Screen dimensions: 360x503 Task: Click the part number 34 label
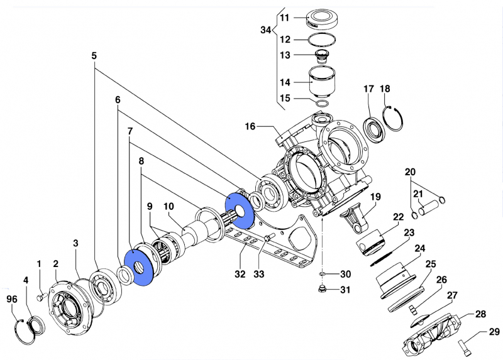pyautogui.click(x=266, y=30)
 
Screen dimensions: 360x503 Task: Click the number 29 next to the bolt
pyautogui.click(x=494, y=332)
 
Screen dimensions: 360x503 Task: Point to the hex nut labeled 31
pyautogui.click(x=322, y=289)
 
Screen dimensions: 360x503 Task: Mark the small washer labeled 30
pyautogui.click(x=322, y=275)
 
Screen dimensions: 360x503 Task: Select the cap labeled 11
pyautogui.click(x=324, y=18)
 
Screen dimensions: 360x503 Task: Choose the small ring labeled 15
pyautogui.click(x=322, y=102)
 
